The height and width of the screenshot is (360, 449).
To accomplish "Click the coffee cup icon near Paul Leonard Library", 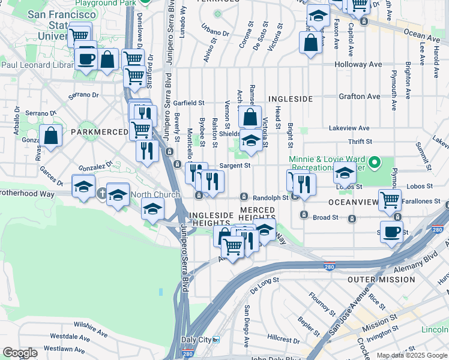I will click(87, 59).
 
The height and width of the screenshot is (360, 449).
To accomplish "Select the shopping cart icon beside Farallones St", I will click(391, 199).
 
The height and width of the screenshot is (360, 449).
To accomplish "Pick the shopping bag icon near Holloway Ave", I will click(310, 43).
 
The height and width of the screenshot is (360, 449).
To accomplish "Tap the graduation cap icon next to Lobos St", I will click(345, 173).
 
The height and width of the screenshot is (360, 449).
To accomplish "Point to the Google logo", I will click(20, 352).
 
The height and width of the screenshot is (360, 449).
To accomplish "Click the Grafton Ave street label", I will click(360, 96).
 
